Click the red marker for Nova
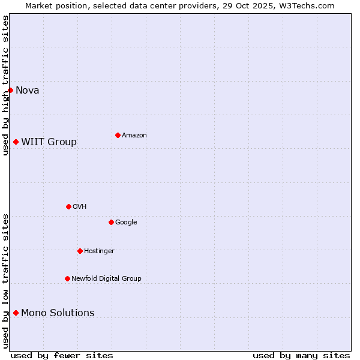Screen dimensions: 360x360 10,90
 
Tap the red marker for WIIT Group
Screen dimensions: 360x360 16,142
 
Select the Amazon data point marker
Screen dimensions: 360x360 118,135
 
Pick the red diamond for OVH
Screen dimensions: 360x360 68,206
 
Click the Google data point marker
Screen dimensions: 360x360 111,222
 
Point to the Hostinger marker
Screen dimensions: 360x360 80,251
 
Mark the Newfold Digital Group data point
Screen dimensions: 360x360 67,278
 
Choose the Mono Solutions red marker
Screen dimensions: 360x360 16,313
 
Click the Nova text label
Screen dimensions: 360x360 28,91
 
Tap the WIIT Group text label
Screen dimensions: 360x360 49,142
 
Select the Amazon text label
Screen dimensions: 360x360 134,136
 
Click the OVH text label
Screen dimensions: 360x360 80,207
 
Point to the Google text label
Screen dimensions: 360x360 126,223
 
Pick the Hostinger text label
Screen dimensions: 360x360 99,251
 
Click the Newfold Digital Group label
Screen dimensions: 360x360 106,279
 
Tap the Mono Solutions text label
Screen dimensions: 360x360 58,313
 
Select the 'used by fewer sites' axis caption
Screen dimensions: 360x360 62,355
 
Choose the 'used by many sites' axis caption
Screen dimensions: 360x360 301,355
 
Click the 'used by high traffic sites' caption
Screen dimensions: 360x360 6,85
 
